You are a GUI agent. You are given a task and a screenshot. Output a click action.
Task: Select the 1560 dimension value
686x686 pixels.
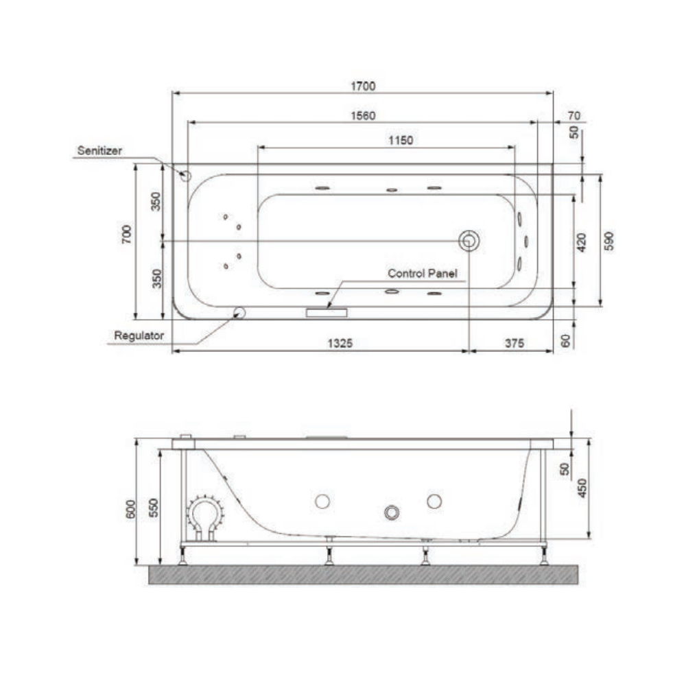pos(364,115)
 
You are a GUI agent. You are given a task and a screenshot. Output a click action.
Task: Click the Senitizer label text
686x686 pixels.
pos(99,150)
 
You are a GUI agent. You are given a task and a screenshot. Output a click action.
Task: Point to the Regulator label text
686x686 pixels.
pos(139,335)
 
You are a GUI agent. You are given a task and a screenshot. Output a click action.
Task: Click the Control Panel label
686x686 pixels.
pos(422,273)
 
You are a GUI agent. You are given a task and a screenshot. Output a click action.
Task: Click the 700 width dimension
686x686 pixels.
pos(126,235)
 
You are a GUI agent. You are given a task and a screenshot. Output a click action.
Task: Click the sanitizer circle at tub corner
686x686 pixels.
pos(185,175)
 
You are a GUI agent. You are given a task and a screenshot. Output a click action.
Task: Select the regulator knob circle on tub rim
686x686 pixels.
pos(239,313)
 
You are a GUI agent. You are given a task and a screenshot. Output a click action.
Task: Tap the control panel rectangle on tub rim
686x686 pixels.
pos(327,312)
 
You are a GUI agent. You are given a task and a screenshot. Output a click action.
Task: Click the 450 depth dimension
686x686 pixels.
pos(583,488)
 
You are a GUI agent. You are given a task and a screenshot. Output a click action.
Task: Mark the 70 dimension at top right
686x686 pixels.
pos(574,115)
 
